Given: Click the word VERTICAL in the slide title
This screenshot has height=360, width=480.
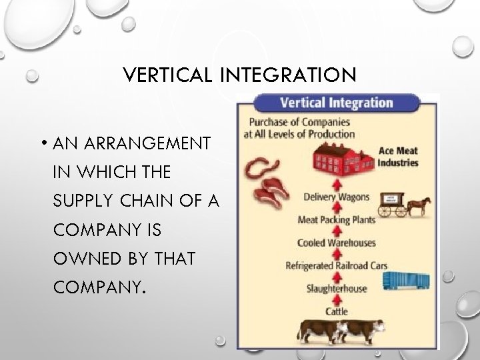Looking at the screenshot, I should click(166, 75).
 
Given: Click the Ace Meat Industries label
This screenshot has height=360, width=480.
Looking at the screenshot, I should click(398, 156).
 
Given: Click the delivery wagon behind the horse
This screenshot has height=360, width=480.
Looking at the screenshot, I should click(393, 203).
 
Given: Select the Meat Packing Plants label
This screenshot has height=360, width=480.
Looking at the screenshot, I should click(336, 219).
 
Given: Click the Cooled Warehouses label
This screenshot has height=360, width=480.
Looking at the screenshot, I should click(336, 243).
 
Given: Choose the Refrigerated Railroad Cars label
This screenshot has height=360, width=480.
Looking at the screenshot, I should click(336, 265).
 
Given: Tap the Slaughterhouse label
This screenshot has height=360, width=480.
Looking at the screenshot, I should click(336, 288).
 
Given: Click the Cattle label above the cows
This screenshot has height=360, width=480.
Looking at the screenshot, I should click(336, 311).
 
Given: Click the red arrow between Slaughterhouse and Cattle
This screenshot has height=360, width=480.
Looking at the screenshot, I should click(336, 299).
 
